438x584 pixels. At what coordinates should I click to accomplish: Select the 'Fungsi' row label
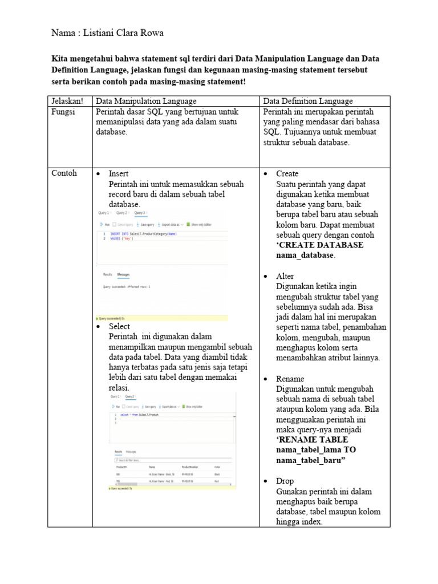[64, 112]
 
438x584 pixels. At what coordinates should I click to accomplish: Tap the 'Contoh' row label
[64, 173]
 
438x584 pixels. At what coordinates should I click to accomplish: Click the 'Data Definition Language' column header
[308, 101]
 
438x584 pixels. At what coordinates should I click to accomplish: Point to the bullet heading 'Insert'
[119, 173]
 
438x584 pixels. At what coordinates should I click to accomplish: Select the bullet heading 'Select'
[119, 326]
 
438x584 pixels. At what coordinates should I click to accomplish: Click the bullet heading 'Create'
[287, 173]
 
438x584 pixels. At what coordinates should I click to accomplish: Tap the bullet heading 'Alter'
[285, 276]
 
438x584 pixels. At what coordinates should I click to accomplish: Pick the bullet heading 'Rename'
[290, 379]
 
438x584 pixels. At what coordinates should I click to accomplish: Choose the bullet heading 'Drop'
[285, 481]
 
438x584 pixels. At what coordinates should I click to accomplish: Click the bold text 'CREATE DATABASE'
[319, 245]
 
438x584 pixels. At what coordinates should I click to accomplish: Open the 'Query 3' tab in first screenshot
[139, 213]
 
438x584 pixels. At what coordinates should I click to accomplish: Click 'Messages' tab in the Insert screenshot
[124, 274]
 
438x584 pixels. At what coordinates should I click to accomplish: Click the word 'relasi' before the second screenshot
[118, 388]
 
